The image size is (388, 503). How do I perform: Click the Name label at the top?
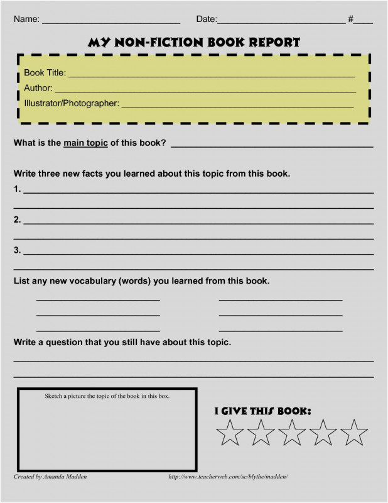coord(26,19)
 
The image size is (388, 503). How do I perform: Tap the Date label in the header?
coord(206,19)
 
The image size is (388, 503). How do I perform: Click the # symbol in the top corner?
coord(351,19)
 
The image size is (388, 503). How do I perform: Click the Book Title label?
coord(45,73)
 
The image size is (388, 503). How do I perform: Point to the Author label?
coord(38,88)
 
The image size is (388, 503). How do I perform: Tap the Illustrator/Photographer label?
coord(72,103)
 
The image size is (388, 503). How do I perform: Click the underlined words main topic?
coord(85,143)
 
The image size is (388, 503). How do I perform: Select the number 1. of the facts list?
coord(18,189)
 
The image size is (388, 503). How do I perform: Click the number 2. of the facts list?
coord(18,219)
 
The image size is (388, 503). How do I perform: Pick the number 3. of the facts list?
coord(18,250)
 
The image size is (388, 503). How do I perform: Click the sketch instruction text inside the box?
coord(107,396)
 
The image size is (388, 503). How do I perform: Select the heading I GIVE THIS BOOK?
coord(263,411)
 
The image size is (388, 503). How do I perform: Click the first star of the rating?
coord(230,433)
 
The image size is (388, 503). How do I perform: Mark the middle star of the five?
coord(292,433)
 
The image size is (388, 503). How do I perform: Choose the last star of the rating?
coord(354,433)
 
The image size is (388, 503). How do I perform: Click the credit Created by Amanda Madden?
coord(50,477)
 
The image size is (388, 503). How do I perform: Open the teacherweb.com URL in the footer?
coord(228,477)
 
